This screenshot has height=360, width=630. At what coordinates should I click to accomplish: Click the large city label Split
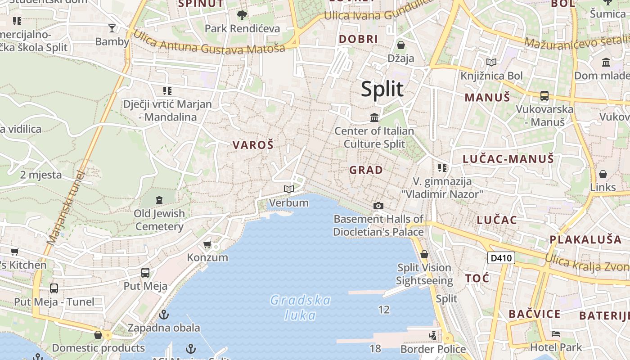(382, 90)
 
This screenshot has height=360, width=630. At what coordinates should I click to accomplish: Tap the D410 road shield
(501, 258)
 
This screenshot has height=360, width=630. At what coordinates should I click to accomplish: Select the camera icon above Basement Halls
(378, 206)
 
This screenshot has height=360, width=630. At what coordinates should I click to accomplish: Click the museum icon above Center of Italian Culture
(374, 118)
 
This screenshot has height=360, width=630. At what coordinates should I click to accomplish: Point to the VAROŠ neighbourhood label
(253, 145)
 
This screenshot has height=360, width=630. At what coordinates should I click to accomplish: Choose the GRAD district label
(366, 170)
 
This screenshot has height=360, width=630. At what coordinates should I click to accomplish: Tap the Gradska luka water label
(300, 307)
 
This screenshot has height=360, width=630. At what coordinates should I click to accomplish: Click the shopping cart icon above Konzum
(207, 244)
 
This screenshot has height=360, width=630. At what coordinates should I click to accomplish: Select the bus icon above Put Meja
(145, 272)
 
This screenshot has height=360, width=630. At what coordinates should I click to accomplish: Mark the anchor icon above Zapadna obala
(164, 314)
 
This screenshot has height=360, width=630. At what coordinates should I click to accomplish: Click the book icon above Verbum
(289, 189)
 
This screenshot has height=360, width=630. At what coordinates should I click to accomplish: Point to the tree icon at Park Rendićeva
(242, 15)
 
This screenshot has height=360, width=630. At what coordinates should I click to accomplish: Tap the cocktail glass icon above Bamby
(112, 28)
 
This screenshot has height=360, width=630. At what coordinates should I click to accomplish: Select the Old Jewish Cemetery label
(159, 220)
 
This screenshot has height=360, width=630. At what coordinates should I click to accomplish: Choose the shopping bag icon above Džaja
(400, 45)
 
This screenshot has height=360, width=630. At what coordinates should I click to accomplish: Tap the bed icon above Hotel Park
(556, 334)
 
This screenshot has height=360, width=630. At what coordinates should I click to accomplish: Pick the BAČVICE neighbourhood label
(535, 314)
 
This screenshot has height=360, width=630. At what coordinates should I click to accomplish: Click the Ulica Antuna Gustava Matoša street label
(209, 43)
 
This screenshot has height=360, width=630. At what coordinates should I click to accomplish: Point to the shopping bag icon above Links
(603, 174)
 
